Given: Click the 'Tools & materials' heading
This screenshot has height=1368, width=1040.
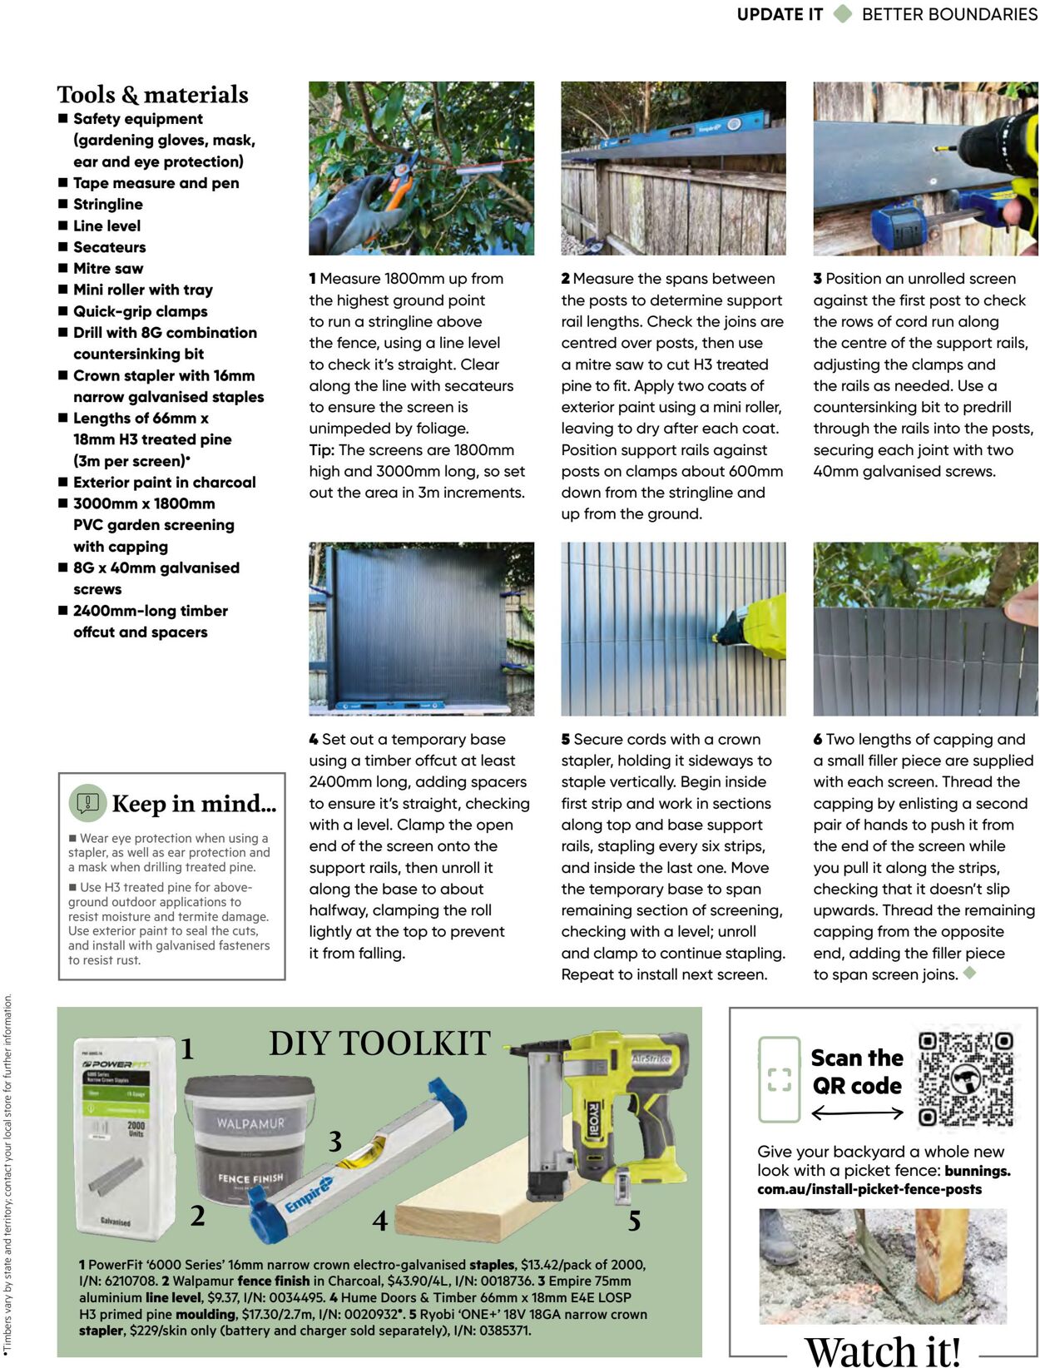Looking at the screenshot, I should point(152,95).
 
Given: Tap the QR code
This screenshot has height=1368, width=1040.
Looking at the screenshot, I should point(966,1078).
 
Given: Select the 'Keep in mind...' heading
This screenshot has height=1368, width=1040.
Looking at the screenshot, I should point(194,804).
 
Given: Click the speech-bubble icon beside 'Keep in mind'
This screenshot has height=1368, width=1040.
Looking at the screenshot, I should point(87,803).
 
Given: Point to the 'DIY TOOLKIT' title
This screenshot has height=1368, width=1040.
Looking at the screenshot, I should point(379,1043).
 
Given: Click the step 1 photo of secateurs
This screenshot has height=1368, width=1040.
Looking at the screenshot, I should point(421,168).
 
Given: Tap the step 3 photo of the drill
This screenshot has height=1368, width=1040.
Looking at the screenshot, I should point(925,168).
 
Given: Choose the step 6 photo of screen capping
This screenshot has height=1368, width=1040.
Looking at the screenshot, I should point(925,629).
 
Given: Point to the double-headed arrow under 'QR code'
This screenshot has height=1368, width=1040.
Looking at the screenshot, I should point(857,1113).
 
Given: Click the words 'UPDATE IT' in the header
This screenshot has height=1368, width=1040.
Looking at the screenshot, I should point(780,14).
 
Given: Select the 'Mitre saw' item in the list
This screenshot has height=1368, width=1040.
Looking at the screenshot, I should point(108,269).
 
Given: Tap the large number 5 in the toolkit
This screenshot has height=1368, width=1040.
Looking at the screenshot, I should point(634,1221).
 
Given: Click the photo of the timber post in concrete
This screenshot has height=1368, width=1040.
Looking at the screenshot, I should point(883,1266).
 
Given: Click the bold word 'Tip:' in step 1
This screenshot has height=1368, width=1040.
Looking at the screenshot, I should point(322,450).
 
